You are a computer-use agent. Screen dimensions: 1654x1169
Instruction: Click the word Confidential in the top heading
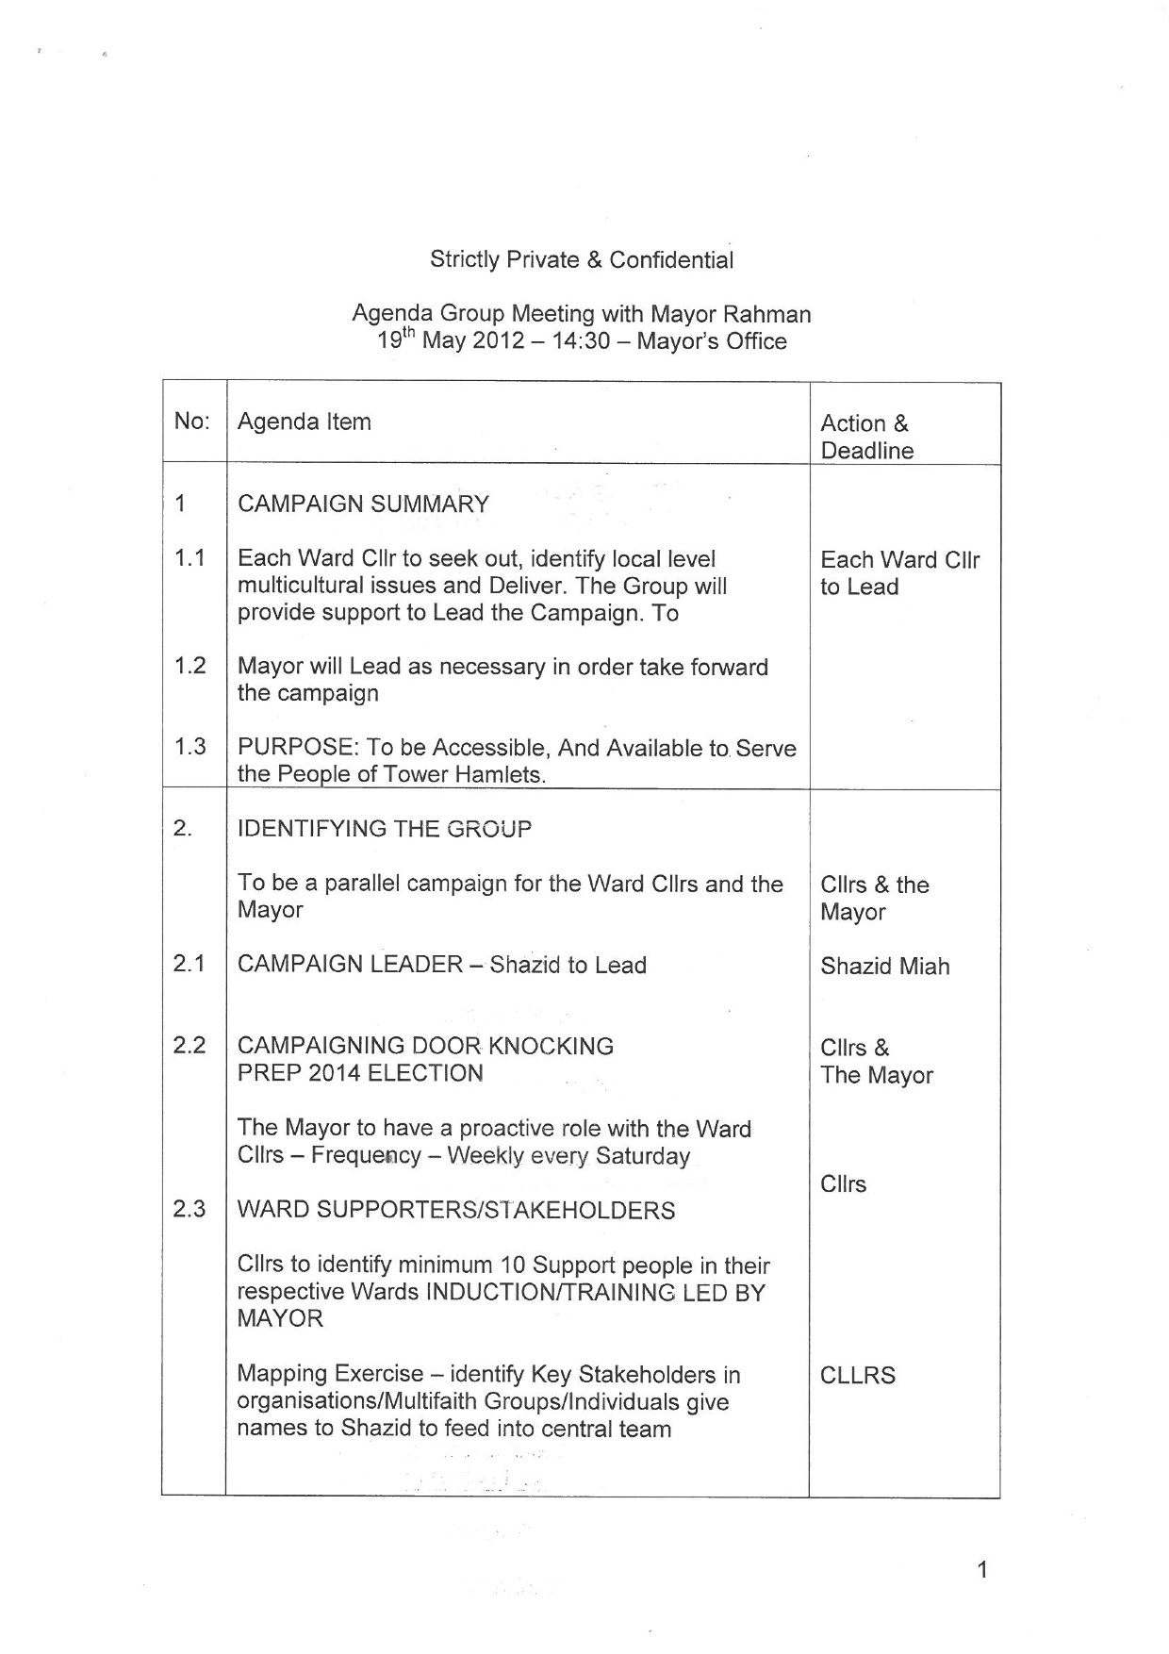tap(670, 260)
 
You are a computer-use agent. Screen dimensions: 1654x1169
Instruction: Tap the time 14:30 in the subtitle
tap(581, 341)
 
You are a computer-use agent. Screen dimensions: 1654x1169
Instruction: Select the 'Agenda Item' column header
tap(304, 422)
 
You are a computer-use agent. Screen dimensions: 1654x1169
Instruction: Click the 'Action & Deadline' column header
tap(866, 437)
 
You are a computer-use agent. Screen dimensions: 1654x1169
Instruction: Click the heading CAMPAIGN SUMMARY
tap(363, 504)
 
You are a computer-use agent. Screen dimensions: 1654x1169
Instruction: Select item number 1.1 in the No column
tap(189, 558)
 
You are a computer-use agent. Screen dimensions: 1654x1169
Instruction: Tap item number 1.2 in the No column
tap(189, 666)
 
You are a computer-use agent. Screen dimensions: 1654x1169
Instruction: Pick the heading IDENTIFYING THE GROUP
tap(384, 829)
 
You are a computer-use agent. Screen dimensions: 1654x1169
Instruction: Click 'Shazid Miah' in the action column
tap(884, 967)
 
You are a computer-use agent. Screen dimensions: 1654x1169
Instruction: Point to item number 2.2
tap(189, 1046)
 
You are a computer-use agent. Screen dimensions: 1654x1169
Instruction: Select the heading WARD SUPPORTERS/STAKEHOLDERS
tap(455, 1210)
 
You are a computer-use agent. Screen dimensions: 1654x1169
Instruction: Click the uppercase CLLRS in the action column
tap(857, 1375)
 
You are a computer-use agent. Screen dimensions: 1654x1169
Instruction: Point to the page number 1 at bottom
tap(982, 1570)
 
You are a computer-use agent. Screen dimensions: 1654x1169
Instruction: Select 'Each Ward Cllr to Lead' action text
tap(899, 573)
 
